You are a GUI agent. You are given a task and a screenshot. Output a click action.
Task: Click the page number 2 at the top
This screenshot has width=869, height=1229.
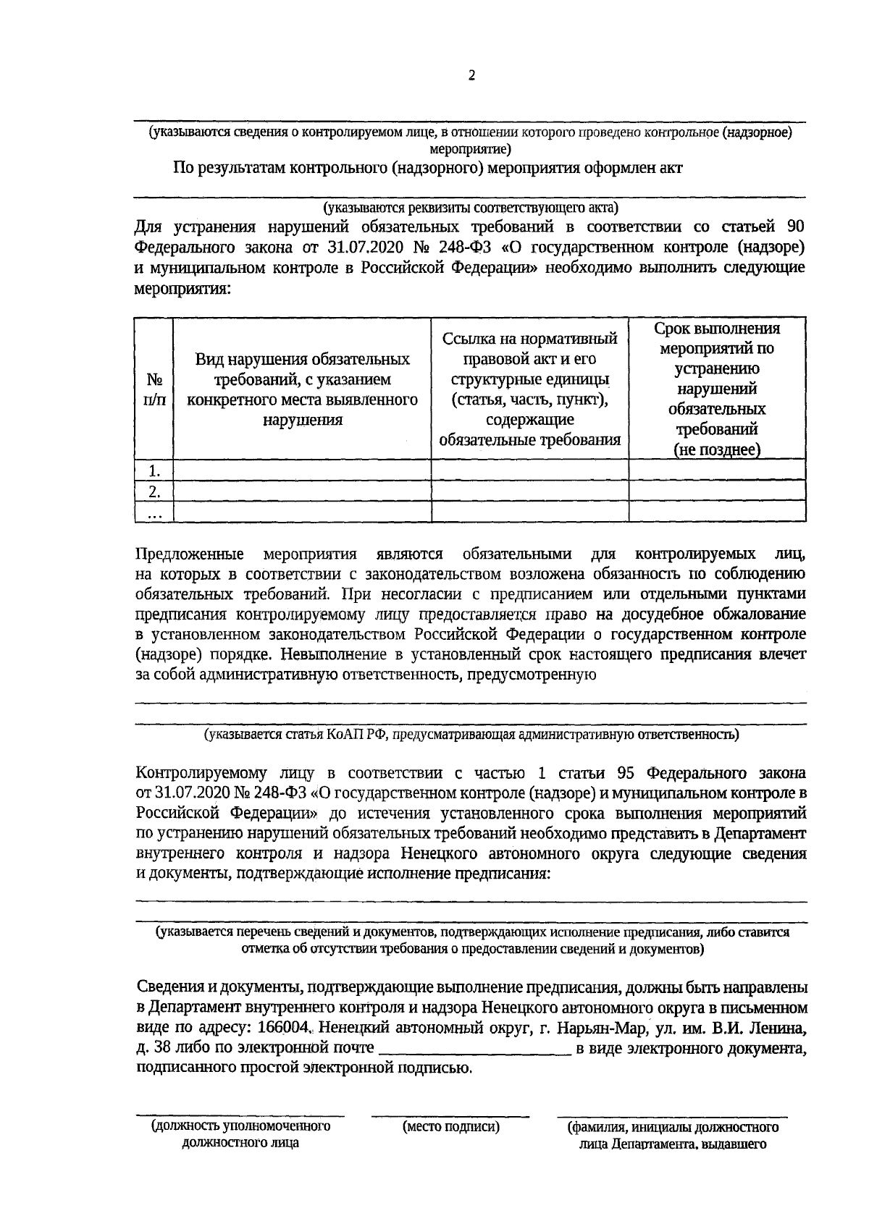tap(471, 76)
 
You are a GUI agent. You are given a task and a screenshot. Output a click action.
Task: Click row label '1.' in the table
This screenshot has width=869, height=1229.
tap(154, 470)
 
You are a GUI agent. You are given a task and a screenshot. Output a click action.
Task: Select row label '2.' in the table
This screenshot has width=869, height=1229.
tap(154, 491)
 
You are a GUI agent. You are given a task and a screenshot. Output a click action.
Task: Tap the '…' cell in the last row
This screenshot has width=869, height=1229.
tap(154, 512)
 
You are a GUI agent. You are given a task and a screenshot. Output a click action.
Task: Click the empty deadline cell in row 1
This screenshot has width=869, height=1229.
tap(716, 470)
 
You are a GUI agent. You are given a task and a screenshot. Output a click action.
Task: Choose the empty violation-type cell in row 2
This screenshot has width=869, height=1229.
tap(302, 491)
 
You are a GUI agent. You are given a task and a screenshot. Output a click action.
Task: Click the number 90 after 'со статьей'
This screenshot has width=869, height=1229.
tap(794, 227)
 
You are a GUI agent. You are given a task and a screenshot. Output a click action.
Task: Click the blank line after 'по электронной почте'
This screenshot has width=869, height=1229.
tap(475, 1049)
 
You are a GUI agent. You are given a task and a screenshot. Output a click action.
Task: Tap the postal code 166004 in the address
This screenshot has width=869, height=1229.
tap(287, 1028)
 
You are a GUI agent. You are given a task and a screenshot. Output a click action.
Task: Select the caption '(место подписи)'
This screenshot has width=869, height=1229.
tap(451, 1127)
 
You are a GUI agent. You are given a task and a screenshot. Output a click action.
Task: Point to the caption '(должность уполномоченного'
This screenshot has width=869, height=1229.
tap(240, 1127)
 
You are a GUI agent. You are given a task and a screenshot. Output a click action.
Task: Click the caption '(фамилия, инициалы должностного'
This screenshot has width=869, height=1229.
tap(673, 1128)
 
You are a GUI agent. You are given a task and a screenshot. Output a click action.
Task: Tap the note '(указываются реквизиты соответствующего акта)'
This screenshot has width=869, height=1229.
tap(471, 208)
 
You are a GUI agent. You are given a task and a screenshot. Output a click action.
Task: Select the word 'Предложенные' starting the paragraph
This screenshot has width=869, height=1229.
tap(190, 554)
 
